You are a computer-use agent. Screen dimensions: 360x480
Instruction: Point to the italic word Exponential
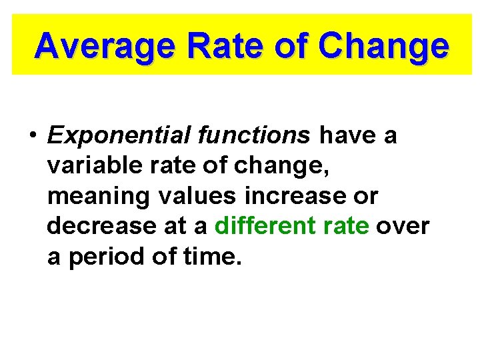pos(119,136)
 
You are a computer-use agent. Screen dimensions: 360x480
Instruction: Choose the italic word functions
pos(255,135)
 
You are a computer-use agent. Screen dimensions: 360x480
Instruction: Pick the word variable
pos(90,166)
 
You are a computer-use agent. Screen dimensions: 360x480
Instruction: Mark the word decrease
pos(93,227)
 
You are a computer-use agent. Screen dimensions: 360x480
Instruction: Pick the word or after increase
pos(367,197)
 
